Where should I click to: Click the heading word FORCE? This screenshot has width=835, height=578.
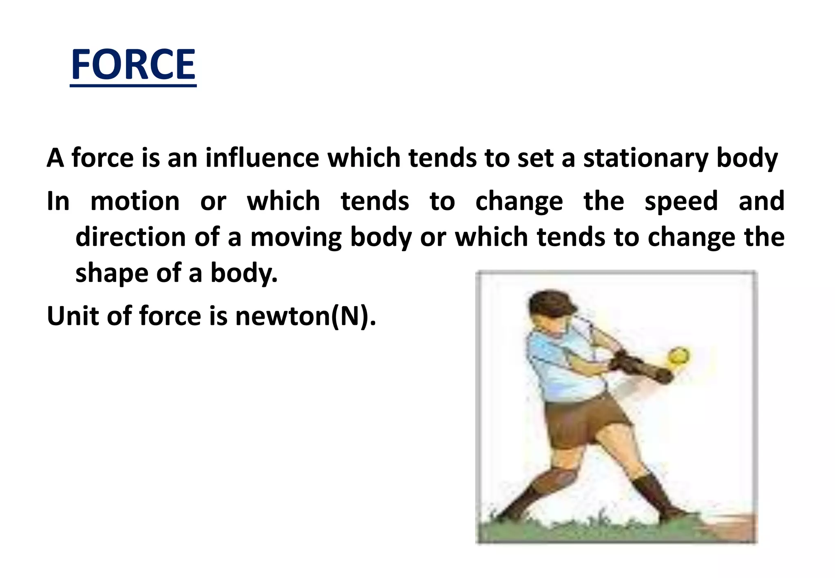133,65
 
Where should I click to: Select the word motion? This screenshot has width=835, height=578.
135,201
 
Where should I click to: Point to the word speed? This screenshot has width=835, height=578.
681,201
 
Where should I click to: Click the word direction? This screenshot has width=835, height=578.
130,237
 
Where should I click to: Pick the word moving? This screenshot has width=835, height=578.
296,238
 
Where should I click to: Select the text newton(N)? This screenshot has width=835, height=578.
305,316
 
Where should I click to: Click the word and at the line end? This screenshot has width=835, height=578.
761,201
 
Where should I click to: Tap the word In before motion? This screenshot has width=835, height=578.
58,201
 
